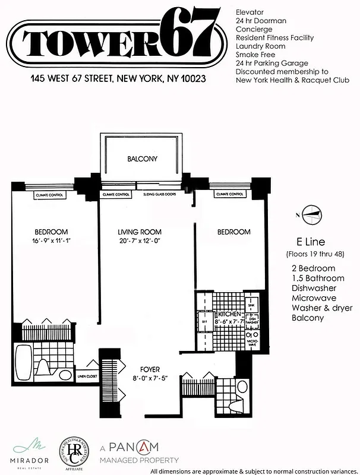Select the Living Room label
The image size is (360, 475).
(140, 232)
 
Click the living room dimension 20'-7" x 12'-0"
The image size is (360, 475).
(140, 241)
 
